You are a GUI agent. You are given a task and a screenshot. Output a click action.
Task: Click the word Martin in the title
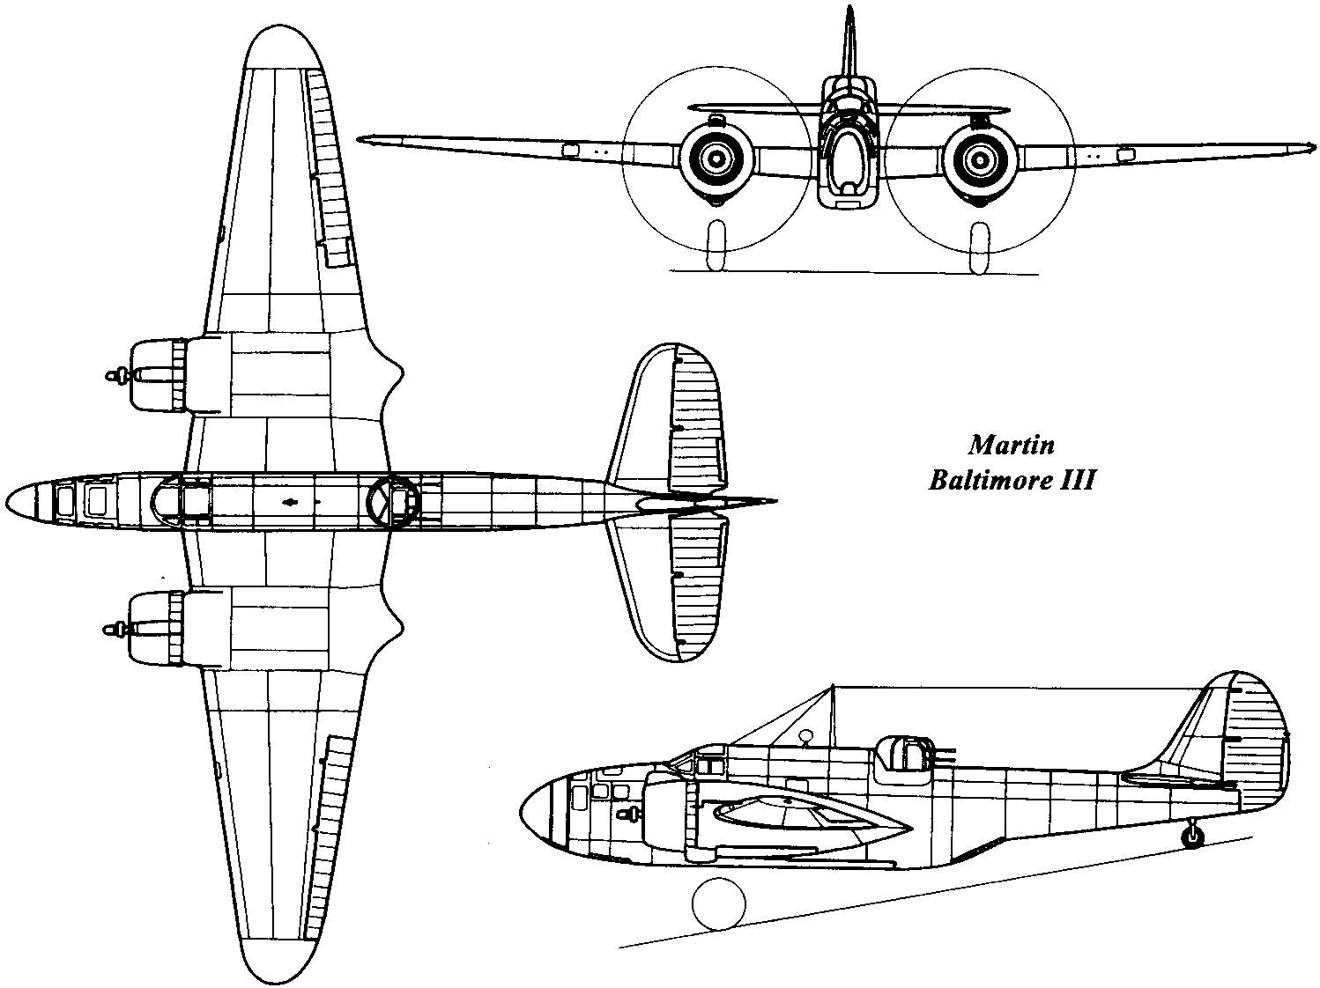point(1011,445)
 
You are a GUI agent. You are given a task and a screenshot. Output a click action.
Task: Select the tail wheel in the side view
point(1191,837)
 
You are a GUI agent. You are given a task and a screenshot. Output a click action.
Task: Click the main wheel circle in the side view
point(719,903)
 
